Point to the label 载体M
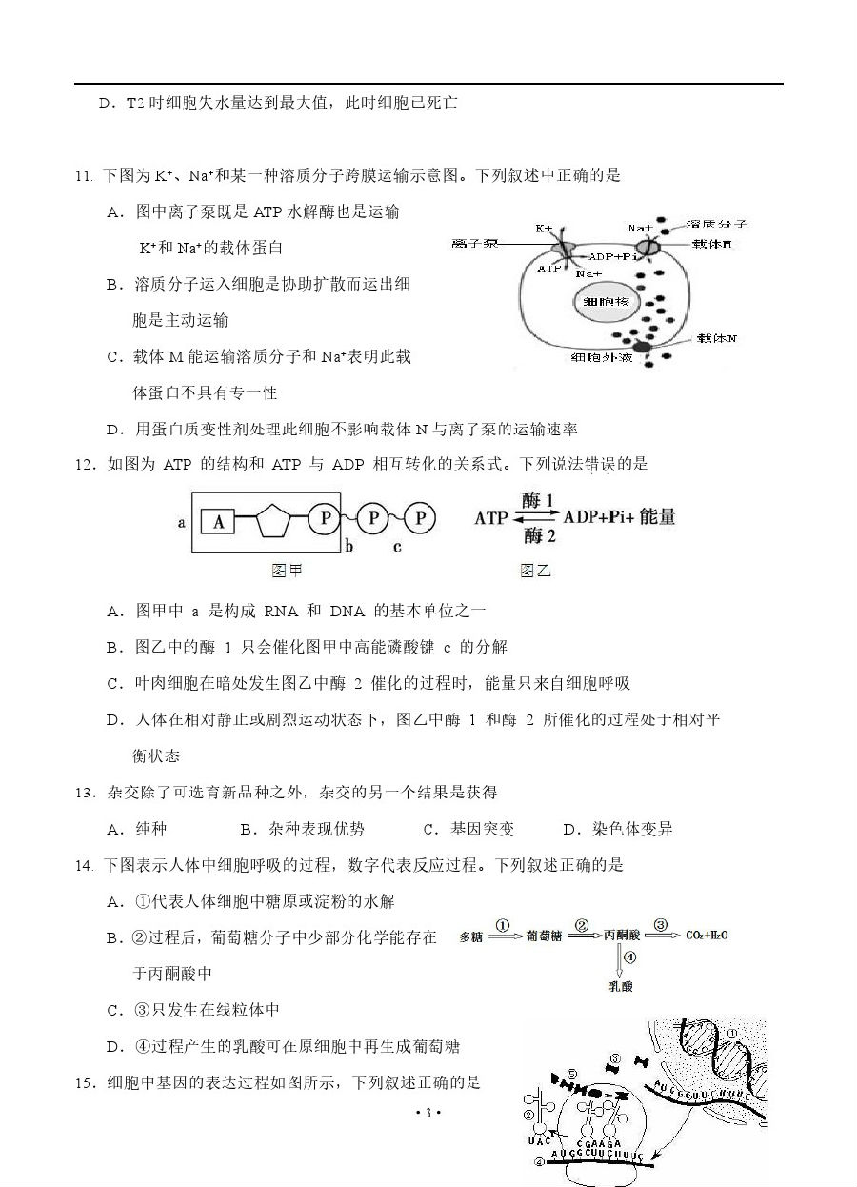(x=719, y=244)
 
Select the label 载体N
(x=718, y=337)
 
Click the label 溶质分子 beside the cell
(x=721, y=224)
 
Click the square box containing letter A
(x=219, y=520)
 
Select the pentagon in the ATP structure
(x=272, y=519)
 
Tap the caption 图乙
(x=535, y=571)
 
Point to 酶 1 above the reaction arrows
(x=538, y=499)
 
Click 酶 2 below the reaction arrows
(x=538, y=536)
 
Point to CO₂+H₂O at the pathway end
(x=707, y=936)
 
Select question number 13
(x=85, y=793)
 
